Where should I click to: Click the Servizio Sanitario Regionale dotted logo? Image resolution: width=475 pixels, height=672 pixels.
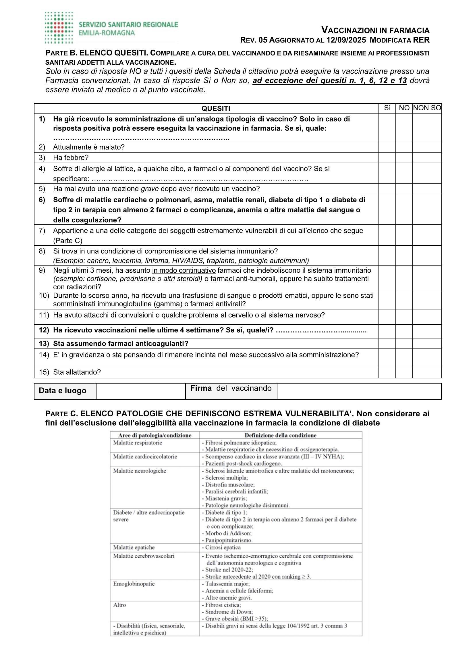click(59, 28)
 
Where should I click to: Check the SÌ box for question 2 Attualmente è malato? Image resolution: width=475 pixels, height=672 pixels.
click(387, 147)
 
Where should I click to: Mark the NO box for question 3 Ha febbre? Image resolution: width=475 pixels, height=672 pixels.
click(404, 158)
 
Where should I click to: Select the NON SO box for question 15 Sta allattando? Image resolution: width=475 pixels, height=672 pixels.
click(427, 372)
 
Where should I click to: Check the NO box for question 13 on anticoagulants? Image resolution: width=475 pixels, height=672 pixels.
click(404, 343)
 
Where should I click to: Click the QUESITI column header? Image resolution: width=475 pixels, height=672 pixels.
click(216, 109)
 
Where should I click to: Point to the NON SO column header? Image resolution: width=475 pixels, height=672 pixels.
click(427, 108)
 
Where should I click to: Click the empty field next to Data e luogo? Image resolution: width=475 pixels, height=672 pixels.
click(140, 391)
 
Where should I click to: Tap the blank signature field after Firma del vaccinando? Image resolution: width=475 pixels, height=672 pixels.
click(359, 391)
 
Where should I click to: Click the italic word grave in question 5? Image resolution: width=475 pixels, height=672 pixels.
click(150, 189)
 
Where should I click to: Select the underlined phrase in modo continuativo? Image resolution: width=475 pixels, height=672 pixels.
click(184, 270)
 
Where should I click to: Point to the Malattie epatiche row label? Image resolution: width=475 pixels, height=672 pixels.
click(134, 547)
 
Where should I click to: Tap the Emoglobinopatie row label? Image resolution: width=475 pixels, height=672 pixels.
click(134, 584)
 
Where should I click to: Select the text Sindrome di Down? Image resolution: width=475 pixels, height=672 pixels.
click(229, 612)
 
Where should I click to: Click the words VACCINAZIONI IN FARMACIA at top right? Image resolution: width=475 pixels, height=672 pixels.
click(375, 30)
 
